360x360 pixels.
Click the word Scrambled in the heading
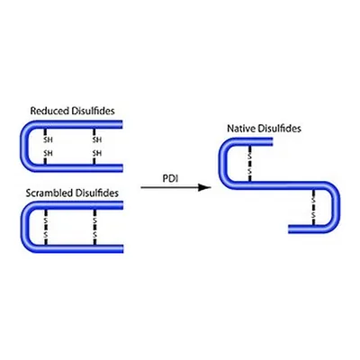(x=49, y=193)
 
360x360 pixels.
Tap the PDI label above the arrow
(x=170, y=178)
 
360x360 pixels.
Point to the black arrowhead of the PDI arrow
(x=205, y=187)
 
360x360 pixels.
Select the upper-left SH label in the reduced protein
(x=48, y=139)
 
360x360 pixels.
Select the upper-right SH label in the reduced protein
(x=97, y=139)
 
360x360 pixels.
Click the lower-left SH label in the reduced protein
(x=48, y=153)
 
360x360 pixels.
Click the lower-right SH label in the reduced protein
(x=97, y=153)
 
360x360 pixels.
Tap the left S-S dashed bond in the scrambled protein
(x=46, y=227)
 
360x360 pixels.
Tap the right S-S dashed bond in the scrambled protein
(x=94, y=227)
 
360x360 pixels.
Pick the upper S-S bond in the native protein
(x=249, y=164)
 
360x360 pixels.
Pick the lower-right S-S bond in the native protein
(x=313, y=207)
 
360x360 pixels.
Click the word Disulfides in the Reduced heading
(x=94, y=111)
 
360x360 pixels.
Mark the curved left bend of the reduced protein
(x=25, y=146)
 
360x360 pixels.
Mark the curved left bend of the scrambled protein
(x=25, y=227)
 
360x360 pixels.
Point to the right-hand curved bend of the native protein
(x=336, y=207)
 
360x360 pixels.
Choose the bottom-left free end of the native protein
(x=290, y=229)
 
